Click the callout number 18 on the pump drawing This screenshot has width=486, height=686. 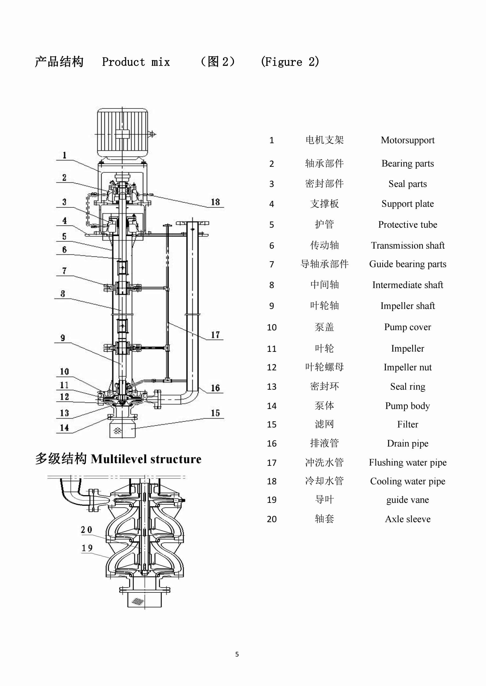(x=215, y=202)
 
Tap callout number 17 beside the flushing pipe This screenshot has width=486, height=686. (x=215, y=335)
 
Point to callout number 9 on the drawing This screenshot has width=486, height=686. (x=63, y=338)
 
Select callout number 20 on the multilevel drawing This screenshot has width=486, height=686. (x=87, y=530)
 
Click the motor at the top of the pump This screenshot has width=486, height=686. (x=123, y=132)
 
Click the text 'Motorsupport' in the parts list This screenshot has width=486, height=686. (x=407, y=140)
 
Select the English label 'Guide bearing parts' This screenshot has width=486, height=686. (x=407, y=264)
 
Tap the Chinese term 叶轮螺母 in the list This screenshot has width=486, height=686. (x=324, y=367)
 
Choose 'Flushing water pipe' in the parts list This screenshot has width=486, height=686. (x=407, y=463)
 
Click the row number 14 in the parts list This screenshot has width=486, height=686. (x=271, y=406)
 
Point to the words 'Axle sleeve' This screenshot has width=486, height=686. (x=407, y=519)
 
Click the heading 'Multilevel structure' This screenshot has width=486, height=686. (x=146, y=459)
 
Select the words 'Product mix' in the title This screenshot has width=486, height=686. (x=136, y=62)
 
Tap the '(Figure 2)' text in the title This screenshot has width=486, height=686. (x=290, y=62)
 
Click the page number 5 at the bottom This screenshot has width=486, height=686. (x=237, y=654)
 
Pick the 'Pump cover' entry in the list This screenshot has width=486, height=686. (x=407, y=327)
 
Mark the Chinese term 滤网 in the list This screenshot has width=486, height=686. (x=324, y=424)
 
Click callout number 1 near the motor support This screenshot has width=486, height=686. (x=64, y=155)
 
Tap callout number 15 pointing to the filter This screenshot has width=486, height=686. (x=215, y=413)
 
